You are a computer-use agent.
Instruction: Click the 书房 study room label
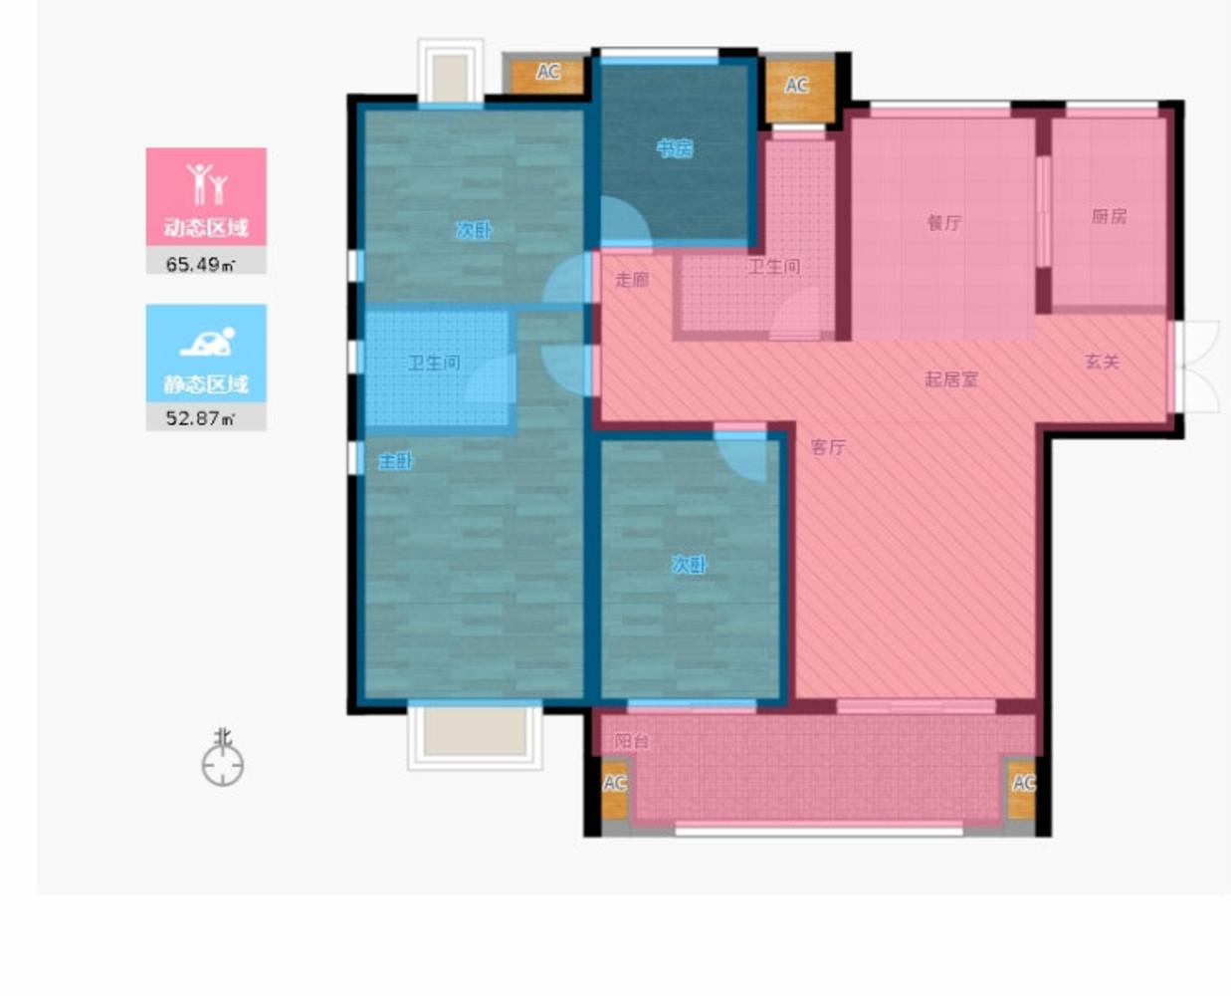[x=675, y=149]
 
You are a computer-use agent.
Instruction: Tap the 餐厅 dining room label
[x=943, y=223]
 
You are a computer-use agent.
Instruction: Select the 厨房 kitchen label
[x=1109, y=216]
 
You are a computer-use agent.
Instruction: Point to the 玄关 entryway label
[x=1102, y=362]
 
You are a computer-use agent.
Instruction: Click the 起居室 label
[x=951, y=379]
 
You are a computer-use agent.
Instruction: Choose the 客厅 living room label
[x=828, y=447]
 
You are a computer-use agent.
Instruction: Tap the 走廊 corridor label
[x=632, y=280]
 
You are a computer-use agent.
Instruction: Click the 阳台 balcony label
[x=631, y=741]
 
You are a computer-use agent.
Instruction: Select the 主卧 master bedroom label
[x=395, y=461]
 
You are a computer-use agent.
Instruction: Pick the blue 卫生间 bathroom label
[x=434, y=363]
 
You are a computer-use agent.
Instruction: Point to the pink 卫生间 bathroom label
[x=774, y=267]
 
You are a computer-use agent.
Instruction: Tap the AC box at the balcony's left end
[x=614, y=789]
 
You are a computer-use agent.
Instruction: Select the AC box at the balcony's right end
[x=1022, y=789]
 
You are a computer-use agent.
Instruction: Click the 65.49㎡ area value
[x=200, y=264]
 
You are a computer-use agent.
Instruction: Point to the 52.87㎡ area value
[x=200, y=417]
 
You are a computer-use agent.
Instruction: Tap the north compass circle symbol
[x=223, y=765]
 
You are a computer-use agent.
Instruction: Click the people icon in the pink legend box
[x=207, y=184]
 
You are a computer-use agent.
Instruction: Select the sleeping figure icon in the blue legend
[x=207, y=342]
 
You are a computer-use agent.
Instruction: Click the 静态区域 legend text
[x=206, y=384]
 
